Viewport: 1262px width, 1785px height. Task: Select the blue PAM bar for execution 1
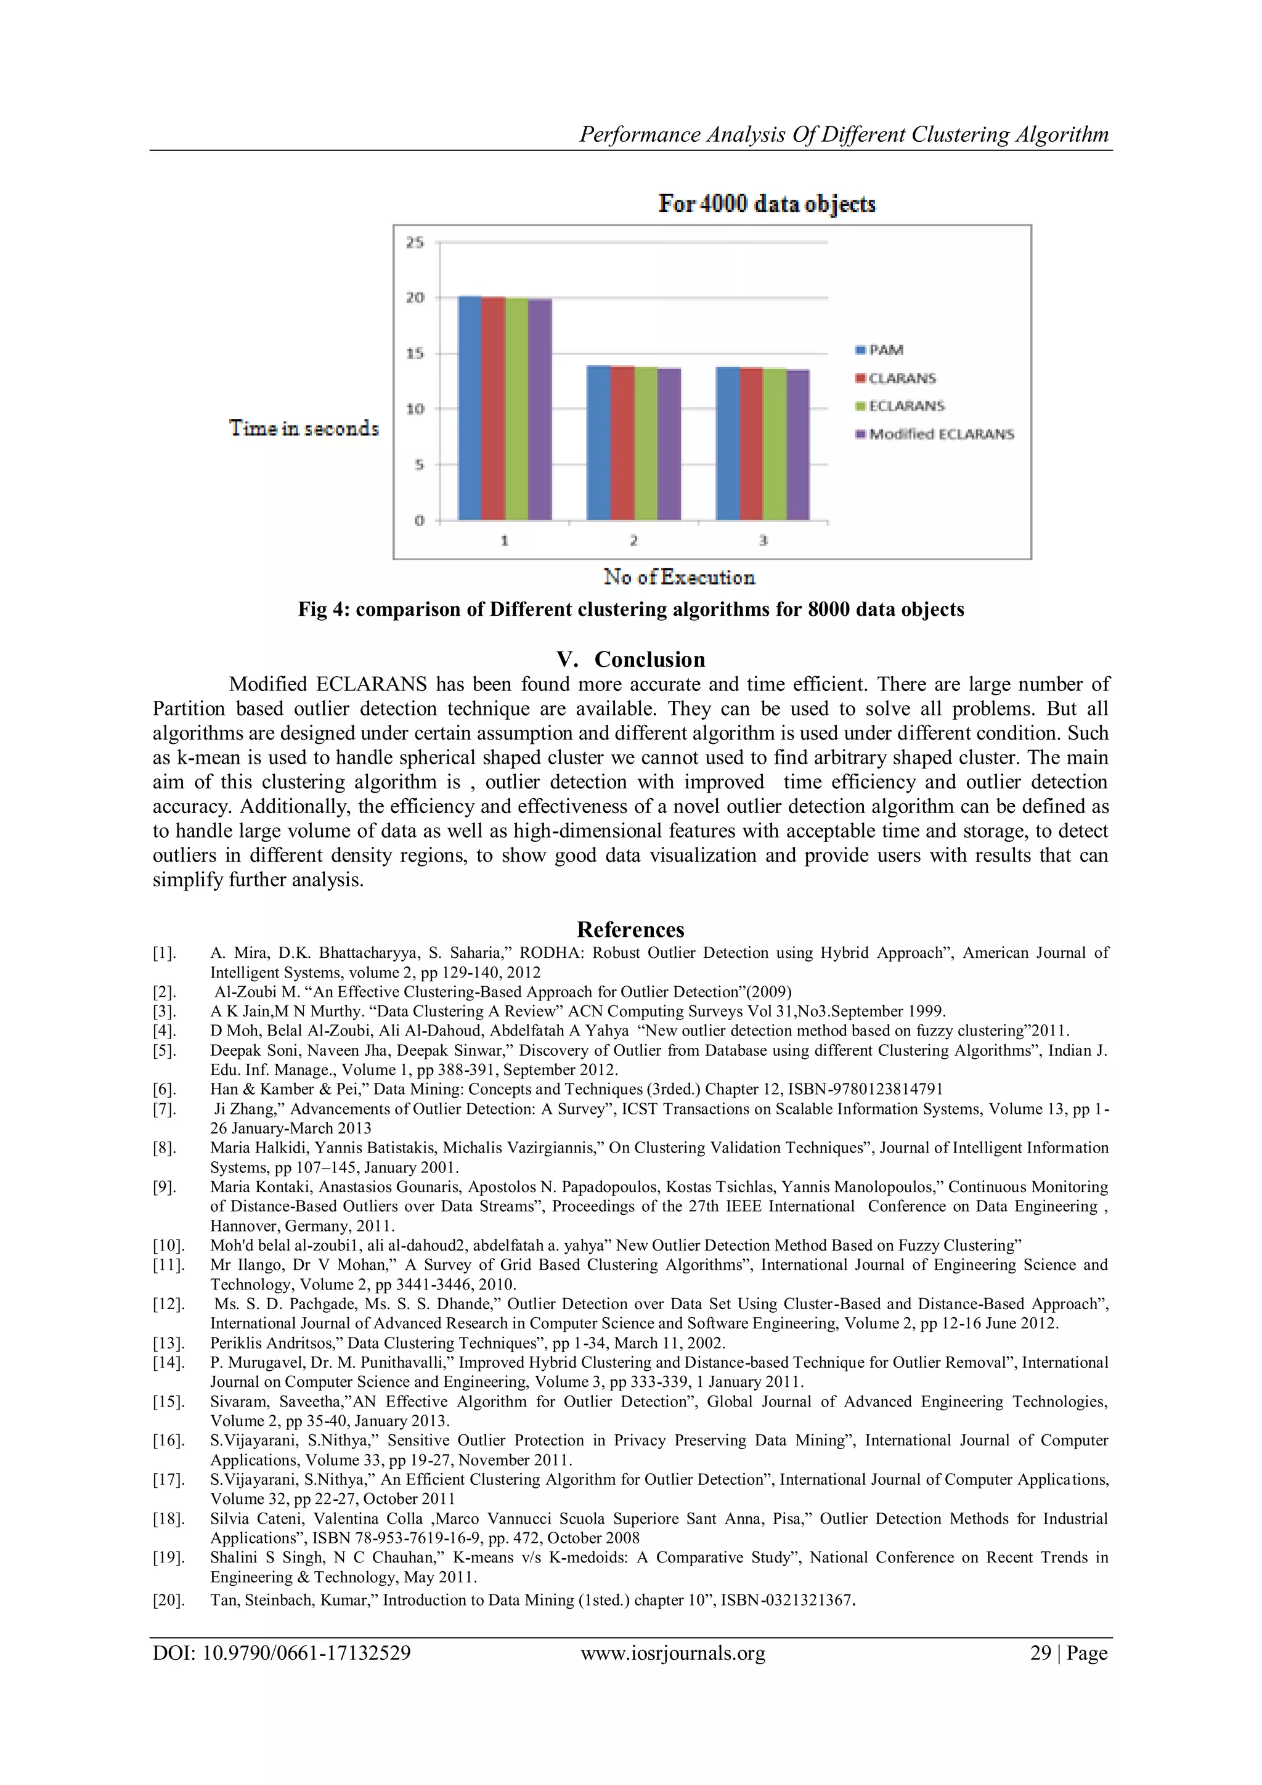[x=470, y=408]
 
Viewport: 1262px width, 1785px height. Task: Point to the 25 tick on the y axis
[x=415, y=243]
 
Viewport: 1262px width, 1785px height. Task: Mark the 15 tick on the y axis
[x=415, y=354]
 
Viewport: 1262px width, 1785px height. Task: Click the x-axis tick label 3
[x=762, y=541]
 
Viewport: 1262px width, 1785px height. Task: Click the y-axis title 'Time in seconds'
[x=304, y=428]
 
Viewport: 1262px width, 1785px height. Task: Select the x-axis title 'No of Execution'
[x=679, y=577]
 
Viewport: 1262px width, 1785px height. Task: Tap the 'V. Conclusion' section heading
[x=631, y=660]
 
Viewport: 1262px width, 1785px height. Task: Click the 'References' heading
[x=630, y=930]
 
